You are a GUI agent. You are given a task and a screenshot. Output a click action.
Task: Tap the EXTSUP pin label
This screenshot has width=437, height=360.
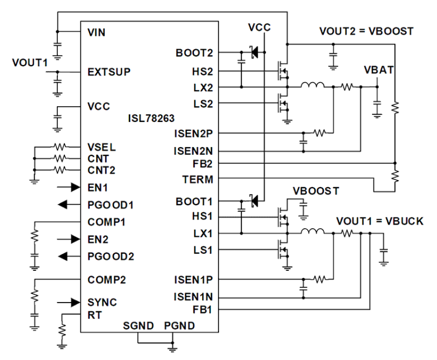[108, 72]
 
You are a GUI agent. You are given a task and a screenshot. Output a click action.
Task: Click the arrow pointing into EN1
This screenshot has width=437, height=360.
[68, 188]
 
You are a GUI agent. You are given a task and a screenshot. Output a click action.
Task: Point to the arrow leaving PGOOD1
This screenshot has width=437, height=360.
[68, 205]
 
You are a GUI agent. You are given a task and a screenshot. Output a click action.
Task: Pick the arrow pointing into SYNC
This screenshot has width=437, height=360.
[68, 302]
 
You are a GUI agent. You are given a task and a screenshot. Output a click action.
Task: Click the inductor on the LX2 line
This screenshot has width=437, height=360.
[312, 87]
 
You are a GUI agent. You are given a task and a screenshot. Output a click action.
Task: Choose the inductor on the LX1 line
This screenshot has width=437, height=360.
[312, 233]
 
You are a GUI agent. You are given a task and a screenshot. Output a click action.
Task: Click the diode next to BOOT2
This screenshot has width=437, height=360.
[253, 53]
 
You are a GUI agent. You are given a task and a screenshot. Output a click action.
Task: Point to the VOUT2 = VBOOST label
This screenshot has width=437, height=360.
[366, 30]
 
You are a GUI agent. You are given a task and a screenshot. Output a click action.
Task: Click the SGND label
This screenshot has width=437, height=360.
[138, 325]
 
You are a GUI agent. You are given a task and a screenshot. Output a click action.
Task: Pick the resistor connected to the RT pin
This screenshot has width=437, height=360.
[61, 331]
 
